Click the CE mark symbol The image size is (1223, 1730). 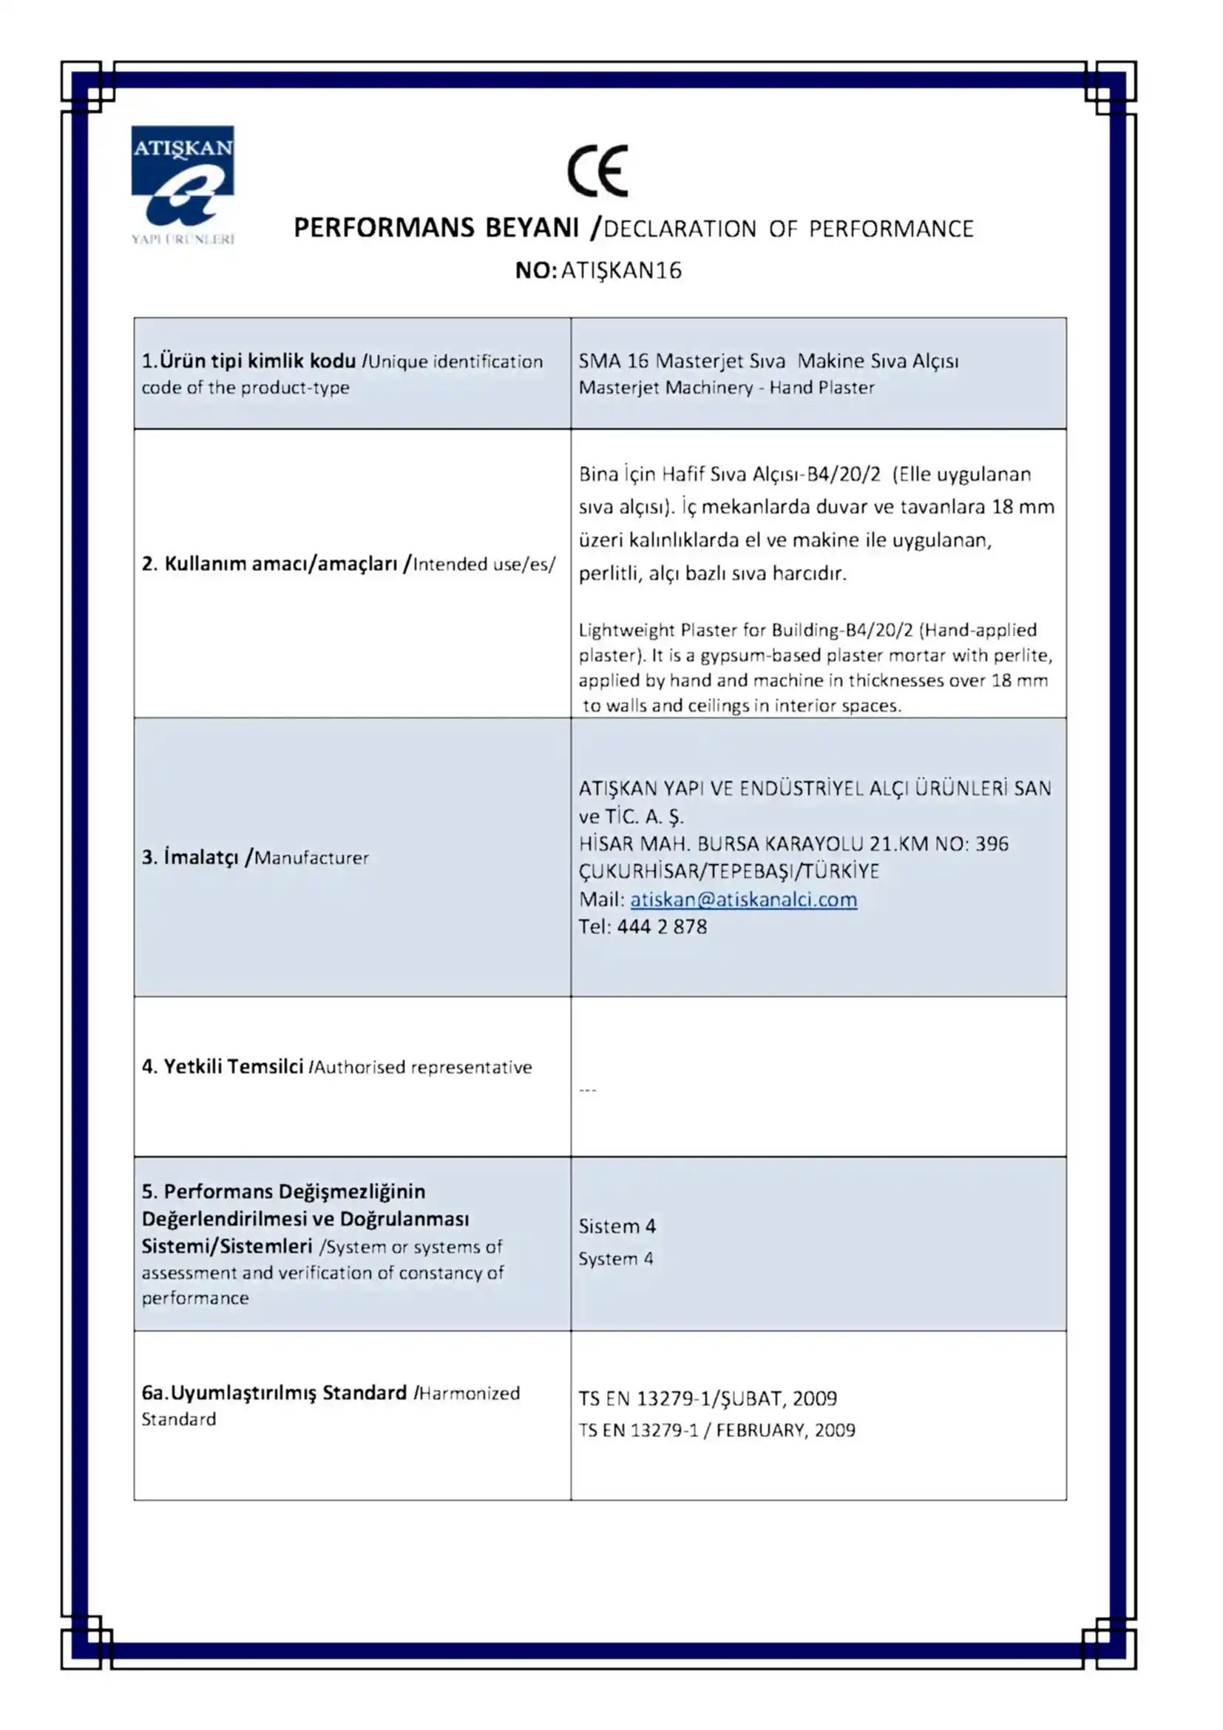click(x=597, y=171)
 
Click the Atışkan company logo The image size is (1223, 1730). click(x=182, y=184)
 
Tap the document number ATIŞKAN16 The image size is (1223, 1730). click(x=621, y=271)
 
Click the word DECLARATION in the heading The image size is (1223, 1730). click(x=680, y=229)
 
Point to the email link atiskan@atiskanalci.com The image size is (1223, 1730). click(x=743, y=899)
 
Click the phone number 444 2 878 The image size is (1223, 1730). click(x=662, y=927)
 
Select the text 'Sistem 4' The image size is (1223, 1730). click(x=617, y=1226)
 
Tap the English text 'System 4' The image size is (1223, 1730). click(x=615, y=1258)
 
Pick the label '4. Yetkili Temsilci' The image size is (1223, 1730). click(x=222, y=1067)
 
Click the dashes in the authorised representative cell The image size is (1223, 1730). click(x=587, y=1090)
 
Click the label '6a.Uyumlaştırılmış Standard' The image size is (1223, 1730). click(x=274, y=1393)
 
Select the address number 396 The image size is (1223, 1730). click(x=992, y=844)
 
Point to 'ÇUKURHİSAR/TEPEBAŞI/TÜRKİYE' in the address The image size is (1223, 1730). click(x=728, y=872)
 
